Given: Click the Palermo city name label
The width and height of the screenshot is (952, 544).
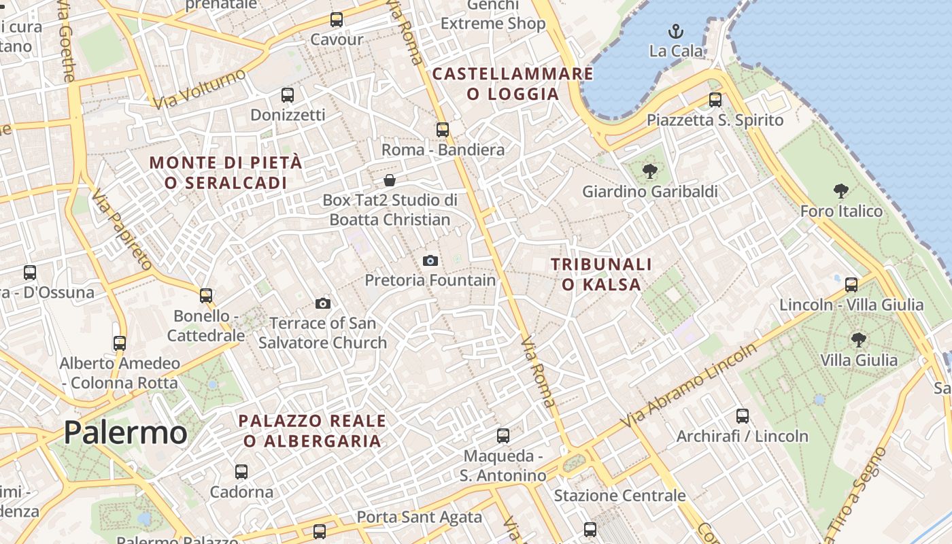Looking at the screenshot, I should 125,433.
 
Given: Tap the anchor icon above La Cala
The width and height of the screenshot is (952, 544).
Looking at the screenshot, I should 675,31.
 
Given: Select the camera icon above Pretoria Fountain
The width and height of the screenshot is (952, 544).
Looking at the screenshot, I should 430,260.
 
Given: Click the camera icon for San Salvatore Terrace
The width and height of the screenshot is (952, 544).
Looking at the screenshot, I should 323,303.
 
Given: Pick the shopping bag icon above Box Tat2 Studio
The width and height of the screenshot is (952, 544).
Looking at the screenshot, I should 390,180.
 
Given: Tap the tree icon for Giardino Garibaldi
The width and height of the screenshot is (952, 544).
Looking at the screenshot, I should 649,171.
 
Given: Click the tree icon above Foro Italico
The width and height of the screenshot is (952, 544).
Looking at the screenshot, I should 841,191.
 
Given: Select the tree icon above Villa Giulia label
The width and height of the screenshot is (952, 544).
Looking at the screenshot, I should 859,339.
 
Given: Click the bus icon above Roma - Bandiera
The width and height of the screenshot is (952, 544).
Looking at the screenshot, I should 443,129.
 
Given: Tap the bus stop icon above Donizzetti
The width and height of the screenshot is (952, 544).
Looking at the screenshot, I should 288,95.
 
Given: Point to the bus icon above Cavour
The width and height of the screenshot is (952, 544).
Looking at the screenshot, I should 337,19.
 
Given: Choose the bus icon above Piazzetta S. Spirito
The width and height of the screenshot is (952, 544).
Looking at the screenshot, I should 715,100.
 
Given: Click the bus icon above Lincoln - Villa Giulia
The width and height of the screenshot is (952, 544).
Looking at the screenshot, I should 851,284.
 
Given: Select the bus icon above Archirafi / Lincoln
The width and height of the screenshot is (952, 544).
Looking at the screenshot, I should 743,415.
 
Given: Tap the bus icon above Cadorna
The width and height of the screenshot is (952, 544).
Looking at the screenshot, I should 241,471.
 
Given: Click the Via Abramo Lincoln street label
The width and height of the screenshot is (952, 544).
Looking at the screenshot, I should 691,386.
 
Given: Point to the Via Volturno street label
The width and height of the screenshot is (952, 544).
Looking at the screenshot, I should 199,89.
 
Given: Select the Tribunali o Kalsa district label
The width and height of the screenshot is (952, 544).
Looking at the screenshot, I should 601,274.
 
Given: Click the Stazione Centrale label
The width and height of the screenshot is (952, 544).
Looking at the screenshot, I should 619,496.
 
